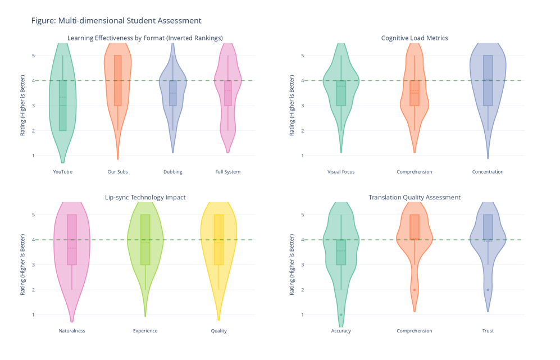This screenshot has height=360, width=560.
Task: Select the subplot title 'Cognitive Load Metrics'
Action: pos(415,38)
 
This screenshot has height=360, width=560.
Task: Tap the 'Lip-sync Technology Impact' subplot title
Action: pos(145,197)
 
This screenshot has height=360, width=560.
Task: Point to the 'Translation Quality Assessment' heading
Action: pos(415,197)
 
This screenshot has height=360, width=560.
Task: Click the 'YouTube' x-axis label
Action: pos(62,172)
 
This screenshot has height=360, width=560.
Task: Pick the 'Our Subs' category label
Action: pos(117,172)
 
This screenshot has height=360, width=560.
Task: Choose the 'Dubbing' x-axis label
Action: pos(173,172)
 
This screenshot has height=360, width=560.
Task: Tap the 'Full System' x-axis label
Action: pos(228,172)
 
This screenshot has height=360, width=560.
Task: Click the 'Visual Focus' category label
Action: pos(341,172)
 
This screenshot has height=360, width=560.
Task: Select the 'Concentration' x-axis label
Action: pos(488,172)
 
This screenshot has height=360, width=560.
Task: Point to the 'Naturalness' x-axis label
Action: pos(72,331)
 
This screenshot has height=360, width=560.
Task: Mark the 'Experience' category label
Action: pos(145,331)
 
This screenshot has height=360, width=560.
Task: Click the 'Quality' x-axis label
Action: pos(219,331)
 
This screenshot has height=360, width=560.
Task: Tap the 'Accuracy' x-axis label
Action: pos(341,331)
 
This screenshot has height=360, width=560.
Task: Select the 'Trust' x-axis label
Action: pos(488,331)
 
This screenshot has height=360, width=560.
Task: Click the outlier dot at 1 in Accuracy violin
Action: pos(341,315)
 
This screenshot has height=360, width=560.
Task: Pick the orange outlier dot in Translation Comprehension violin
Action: pos(415,290)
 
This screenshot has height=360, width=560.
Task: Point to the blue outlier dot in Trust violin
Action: pos(488,290)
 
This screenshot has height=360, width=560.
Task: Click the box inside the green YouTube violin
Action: pos(62,106)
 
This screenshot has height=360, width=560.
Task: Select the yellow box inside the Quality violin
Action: pos(219,239)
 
